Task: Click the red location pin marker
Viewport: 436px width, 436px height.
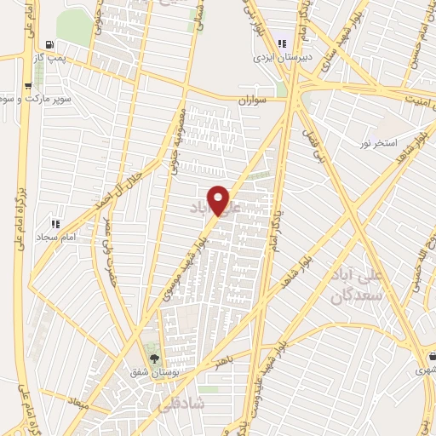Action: tap(219, 200)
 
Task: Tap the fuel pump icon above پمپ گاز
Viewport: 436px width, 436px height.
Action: tap(53, 44)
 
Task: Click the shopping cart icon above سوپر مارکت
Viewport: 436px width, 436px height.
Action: tap(28, 85)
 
